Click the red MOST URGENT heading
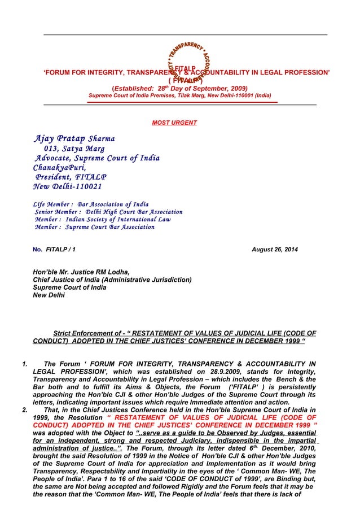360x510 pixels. click(174, 123)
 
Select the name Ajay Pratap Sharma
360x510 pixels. click(74, 138)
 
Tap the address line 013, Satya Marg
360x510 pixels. click(78, 149)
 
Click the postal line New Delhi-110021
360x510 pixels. click(67, 187)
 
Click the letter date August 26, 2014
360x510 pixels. click(275, 249)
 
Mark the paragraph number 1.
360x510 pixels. click(24, 364)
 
